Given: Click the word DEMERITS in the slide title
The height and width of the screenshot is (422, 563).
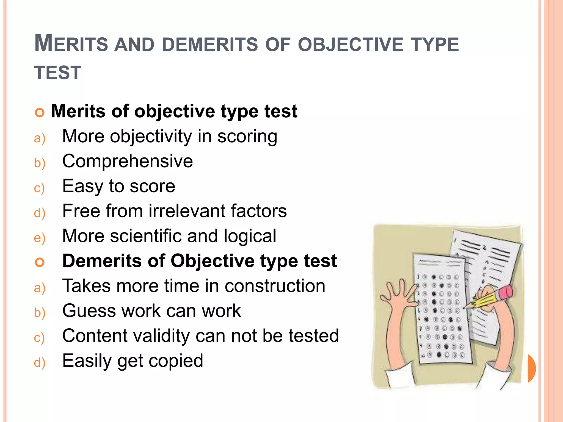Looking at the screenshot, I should pyautogui.click(x=210, y=45).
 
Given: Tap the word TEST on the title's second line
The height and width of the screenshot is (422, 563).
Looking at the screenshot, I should pyautogui.click(x=58, y=73).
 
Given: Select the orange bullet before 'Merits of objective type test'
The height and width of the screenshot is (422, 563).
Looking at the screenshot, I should pyautogui.click(x=40, y=113).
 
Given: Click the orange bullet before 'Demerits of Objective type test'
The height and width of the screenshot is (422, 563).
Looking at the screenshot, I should pyautogui.click(x=40, y=262).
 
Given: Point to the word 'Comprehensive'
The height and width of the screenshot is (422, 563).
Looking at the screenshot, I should pyautogui.click(x=128, y=161).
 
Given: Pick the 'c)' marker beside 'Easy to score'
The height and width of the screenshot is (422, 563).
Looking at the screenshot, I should pyautogui.click(x=39, y=188).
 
